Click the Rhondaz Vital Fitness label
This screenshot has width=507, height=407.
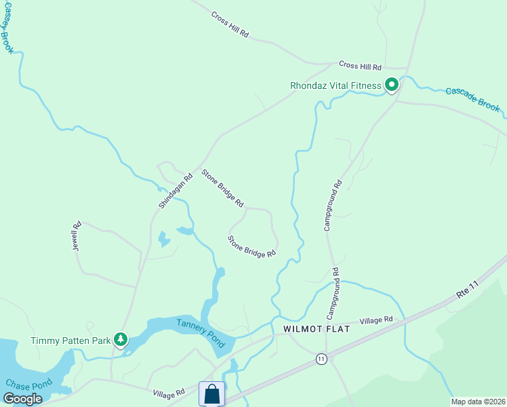point(335,85)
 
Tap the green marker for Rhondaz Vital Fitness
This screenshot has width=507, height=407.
point(392,85)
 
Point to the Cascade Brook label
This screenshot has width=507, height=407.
point(472,99)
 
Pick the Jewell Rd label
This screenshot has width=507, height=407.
point(77,235)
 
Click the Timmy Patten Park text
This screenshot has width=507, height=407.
point(70,341)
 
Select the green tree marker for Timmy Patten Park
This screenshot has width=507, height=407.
point(121,338)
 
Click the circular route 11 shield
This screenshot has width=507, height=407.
point(321,358)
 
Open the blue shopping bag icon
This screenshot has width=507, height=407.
point(211,394)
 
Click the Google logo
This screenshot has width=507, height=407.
point(23,399)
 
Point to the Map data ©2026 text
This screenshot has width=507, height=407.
point(477,402)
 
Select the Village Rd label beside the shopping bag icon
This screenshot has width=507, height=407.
point(169,393)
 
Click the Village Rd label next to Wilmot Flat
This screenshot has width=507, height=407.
point(376,319)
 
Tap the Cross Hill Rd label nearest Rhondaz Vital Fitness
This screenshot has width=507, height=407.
point(361,66)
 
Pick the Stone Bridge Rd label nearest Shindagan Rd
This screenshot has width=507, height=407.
point(222,188)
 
